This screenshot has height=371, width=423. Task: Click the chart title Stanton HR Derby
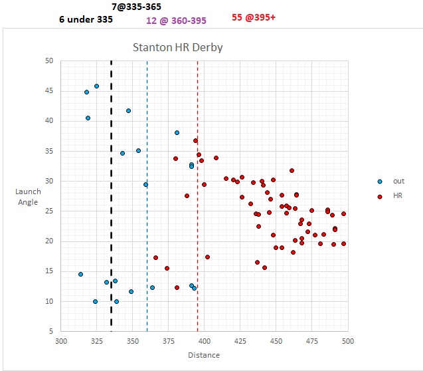tap(177, 47)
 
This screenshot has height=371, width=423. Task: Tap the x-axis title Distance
tap(203, 355)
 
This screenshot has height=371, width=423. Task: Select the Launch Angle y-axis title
tap(28, 197)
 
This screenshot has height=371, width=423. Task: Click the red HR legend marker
tap(379, 196)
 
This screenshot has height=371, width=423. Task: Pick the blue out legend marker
tap(379, 181)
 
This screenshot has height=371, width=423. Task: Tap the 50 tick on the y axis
tap(48, 61)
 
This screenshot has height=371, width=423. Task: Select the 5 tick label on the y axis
tap(50, 331)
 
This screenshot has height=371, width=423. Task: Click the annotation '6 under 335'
tap(86, 19)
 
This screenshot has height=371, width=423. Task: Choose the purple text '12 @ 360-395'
tap(176, 21)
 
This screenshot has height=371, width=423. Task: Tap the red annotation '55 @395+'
tap(254, 17)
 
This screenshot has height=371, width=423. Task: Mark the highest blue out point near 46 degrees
tap(96, 86)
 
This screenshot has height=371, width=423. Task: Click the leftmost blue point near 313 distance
tap(80, 274)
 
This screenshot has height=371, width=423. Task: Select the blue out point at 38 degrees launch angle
tap(177, 132)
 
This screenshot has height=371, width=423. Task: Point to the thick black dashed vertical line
tap(111, 199)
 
